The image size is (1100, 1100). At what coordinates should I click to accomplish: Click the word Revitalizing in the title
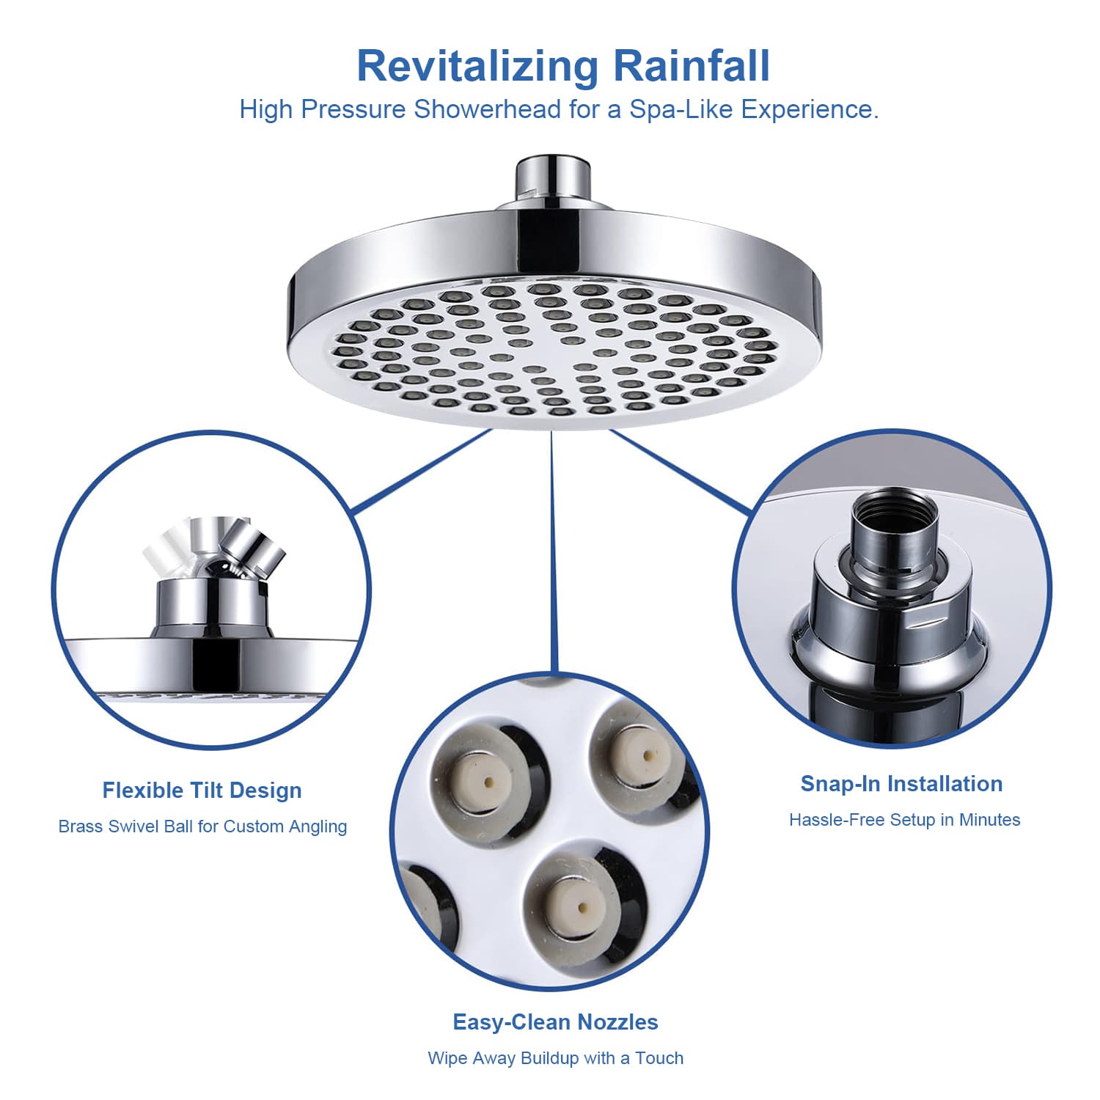(x=478, y=67)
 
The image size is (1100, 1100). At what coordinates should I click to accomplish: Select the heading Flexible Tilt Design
(x=202, y=791)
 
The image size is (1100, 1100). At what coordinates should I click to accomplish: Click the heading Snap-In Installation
(x=901, y=784)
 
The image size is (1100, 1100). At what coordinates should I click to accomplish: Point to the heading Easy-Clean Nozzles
(x=555, y=1022)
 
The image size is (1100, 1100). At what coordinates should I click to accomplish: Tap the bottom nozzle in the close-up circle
(x=581, y=908)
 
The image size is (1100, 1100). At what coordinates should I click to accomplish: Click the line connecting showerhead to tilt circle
(x=422, y=472)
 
